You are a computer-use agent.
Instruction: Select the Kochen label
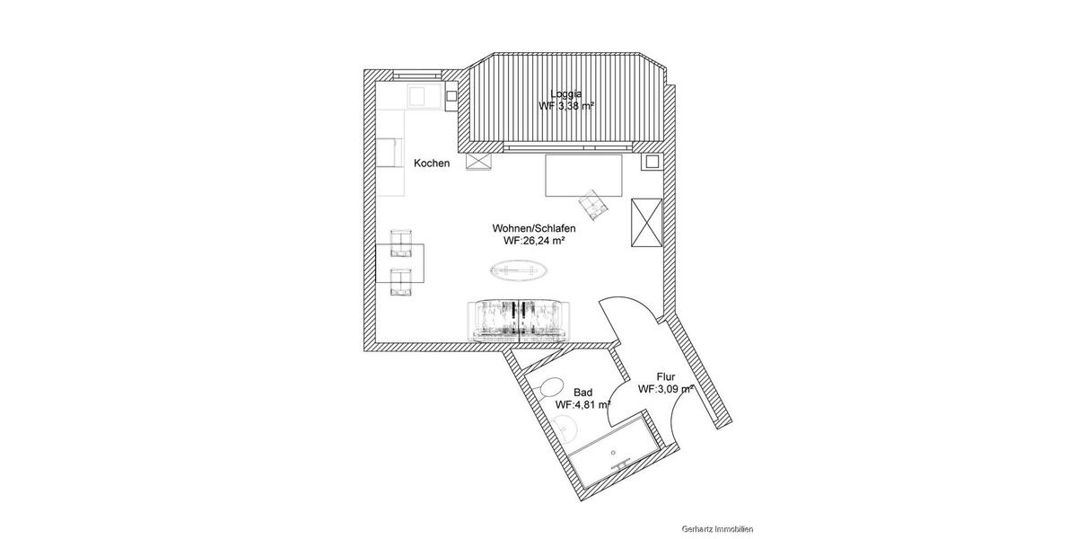pyautogui.click(x=431, y=163)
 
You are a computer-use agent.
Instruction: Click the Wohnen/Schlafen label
pyautogui.click(x=533, y=228)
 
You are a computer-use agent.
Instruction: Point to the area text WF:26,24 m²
pyautogui.click(x=534, y=241)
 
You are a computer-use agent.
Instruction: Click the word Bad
pyautogui.click(x=582, y=393)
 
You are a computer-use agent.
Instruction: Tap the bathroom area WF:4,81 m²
pyautogui.click(x=582, y=405)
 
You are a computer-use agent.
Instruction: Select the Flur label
pyautogui.click(x=665, y=377)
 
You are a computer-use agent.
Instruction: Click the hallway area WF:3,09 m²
pyautogui.click(x=665, y=390)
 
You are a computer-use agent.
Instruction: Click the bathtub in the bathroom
pyautogui.click(x=617, y=454)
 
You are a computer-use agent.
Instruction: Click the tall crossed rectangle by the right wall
pyautogui.click(x=645, y=223)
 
